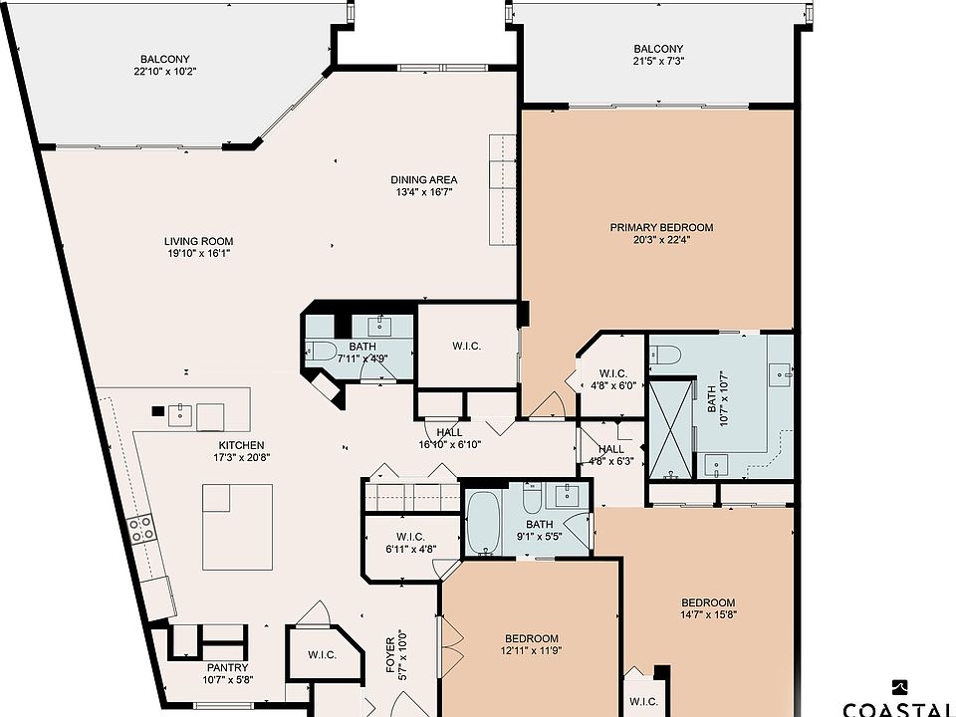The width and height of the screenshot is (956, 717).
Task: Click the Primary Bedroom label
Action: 661,227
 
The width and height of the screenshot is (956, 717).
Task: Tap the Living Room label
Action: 199,241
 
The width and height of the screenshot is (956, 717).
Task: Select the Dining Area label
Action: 424,180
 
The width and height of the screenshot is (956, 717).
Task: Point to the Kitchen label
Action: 241,446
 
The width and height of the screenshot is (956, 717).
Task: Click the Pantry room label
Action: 227,667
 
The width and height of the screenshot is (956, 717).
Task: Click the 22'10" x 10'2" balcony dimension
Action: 165,72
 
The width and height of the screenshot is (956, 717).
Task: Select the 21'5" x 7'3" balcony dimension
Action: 658,61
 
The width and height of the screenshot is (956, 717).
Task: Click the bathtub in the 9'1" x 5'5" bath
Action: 484,524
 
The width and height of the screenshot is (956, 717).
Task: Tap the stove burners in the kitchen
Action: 140,528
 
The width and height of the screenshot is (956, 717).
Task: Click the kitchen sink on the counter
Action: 180,415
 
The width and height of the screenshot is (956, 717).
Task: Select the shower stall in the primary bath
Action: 672,429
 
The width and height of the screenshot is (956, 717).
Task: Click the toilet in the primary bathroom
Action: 664,355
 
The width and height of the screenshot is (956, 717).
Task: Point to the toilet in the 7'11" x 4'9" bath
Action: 320,350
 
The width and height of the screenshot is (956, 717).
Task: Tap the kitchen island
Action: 238,527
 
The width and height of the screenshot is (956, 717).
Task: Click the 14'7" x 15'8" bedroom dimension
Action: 708,614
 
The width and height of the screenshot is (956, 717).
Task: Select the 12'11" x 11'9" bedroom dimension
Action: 531,650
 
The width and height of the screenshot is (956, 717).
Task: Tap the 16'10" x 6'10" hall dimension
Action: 450,444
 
